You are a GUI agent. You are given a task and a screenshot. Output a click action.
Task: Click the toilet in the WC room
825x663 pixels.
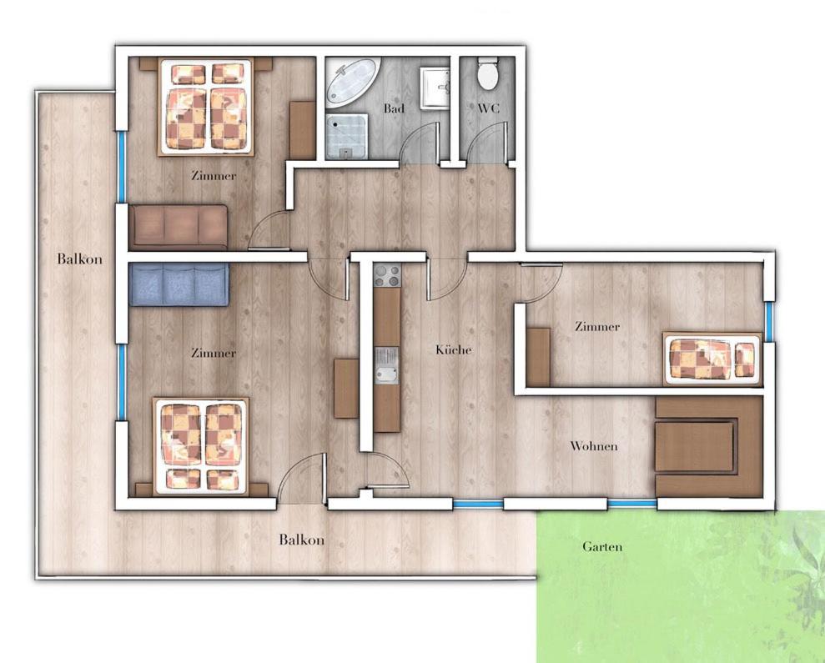[x=486, y=73]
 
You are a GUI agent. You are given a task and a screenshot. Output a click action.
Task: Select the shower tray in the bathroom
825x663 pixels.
[x=345, y=136]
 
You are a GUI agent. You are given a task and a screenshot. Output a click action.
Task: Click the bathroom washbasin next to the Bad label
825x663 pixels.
[x=435, y=88]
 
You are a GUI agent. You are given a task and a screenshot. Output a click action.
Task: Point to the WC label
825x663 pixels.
[x=488, y=109]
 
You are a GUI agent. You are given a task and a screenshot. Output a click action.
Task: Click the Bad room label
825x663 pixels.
[x=394, y=108]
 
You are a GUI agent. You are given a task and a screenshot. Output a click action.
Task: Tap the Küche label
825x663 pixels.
[x=453, y=350]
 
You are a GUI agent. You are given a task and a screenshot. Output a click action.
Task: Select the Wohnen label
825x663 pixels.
[x=594, y=446]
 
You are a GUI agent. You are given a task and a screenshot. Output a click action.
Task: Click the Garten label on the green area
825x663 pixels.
[x=602, y=547]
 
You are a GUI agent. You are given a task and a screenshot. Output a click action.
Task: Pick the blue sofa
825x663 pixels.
[x=179, y=284]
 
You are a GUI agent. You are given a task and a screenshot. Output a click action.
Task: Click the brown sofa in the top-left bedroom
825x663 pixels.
[x=179, y=226]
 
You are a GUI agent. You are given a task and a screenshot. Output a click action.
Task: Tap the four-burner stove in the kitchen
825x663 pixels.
[x=387, y=276]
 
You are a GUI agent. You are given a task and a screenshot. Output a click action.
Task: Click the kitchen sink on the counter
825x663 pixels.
[x=386, y=366]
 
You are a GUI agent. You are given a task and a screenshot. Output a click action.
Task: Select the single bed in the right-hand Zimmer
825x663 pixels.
[x=712, y=359]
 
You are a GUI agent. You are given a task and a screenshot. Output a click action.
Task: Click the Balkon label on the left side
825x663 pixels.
[x=80, y=259]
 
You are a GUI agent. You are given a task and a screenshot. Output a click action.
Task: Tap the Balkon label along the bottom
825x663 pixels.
[x=301, y=540]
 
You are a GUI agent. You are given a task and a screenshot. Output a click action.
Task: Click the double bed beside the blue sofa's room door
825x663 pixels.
[x=200, y=447]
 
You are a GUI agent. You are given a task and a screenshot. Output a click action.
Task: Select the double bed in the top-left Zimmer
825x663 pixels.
[x=206, y=108]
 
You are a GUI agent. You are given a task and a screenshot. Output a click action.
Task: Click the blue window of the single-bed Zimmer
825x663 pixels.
[x=769, y=322]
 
